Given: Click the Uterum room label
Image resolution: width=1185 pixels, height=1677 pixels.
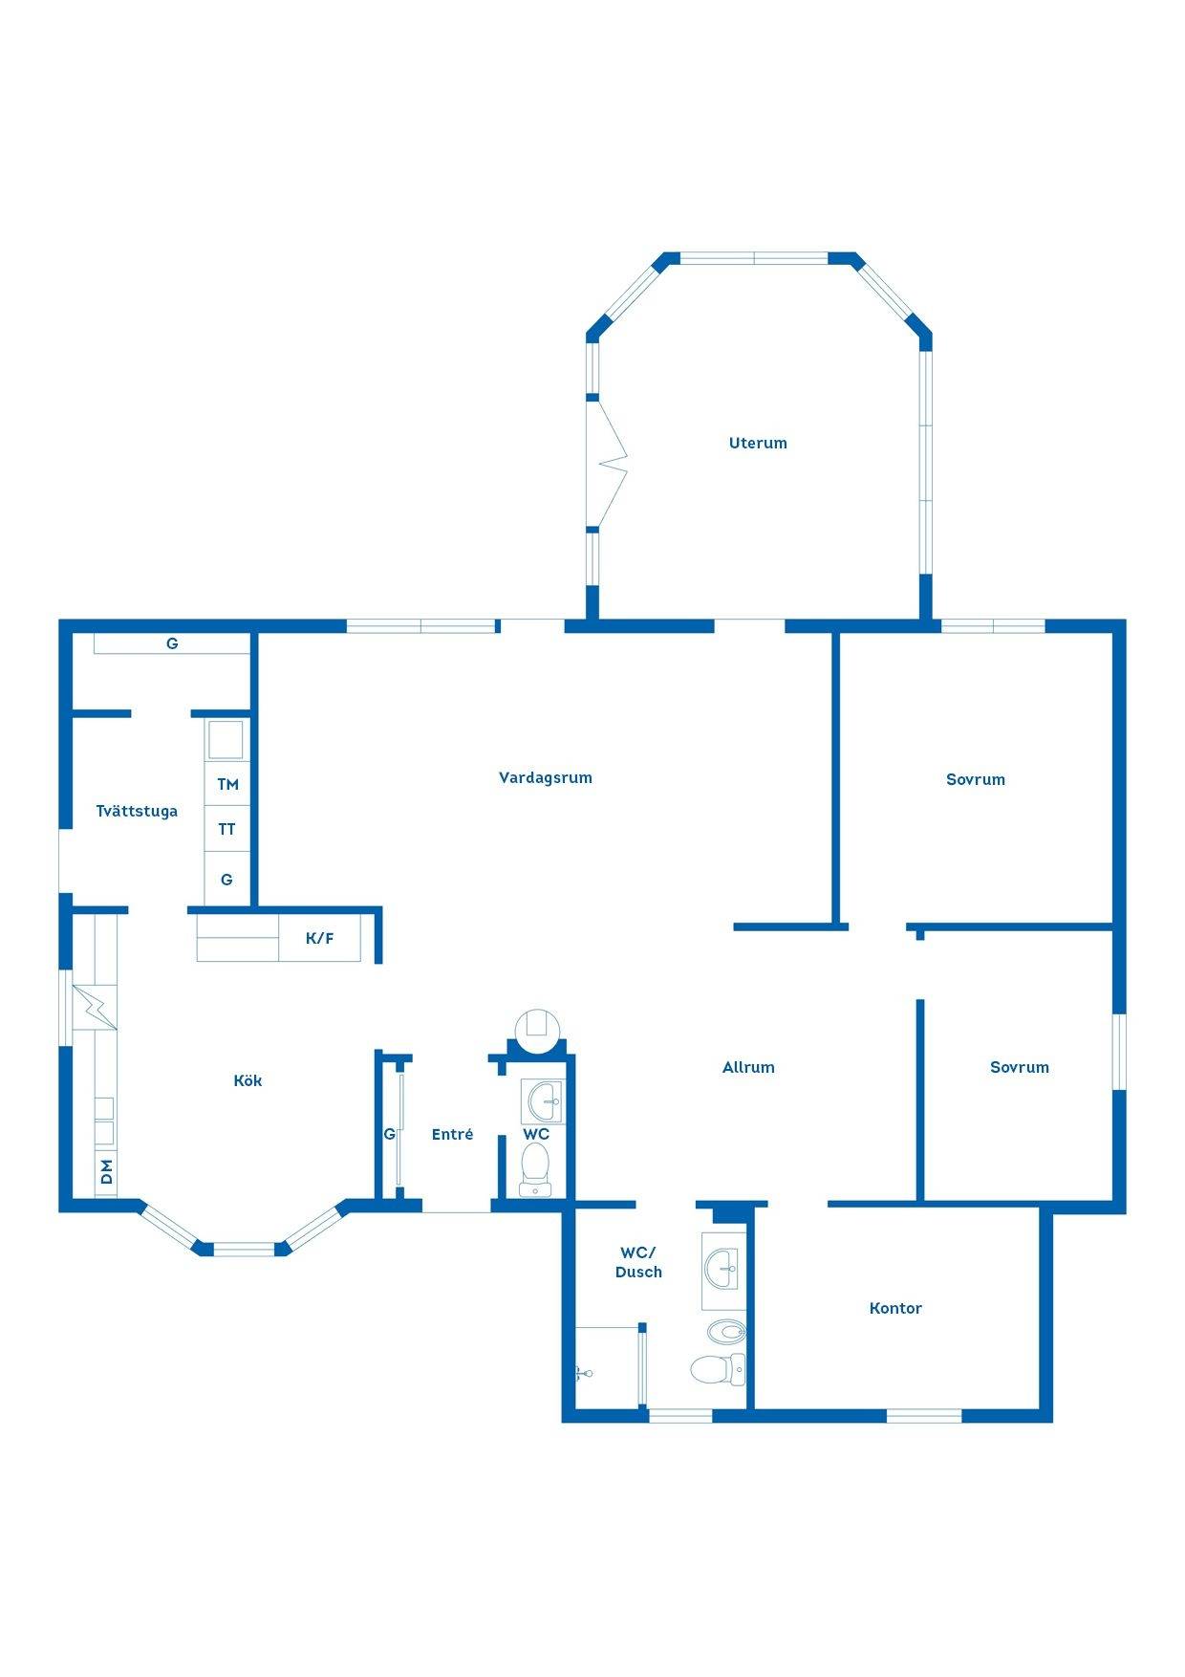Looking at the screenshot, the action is [758, 443].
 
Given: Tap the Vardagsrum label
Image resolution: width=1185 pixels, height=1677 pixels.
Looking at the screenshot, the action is [546, 778].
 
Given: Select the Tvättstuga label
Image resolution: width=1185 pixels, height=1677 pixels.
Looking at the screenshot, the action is [137, 812].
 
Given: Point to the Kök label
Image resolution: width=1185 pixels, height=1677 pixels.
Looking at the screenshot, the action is [248, 1080].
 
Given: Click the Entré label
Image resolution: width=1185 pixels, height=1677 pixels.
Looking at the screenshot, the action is [452, 1134].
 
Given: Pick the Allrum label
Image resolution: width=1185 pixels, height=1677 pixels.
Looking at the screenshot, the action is [748, 1067].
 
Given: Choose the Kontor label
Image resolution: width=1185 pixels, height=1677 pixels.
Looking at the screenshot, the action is [895, 1308].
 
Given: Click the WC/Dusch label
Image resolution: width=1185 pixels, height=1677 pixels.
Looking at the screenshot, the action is [638, 1262].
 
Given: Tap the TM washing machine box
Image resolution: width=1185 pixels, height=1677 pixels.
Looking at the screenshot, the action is [227, 784].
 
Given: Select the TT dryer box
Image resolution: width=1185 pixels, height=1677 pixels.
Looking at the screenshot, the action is [227, 829].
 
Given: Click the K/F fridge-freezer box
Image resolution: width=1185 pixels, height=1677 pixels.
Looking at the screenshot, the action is [320, 938].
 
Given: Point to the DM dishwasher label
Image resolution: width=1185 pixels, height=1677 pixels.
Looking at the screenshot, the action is [107, 1171].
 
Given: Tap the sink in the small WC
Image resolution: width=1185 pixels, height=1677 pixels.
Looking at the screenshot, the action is [544, 1100].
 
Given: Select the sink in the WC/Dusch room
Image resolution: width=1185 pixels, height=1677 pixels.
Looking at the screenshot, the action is [723, 1270].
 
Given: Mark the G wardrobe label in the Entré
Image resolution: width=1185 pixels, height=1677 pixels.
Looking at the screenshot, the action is [389, 1134].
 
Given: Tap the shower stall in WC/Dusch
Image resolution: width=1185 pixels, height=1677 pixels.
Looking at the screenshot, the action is [607, 1366].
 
